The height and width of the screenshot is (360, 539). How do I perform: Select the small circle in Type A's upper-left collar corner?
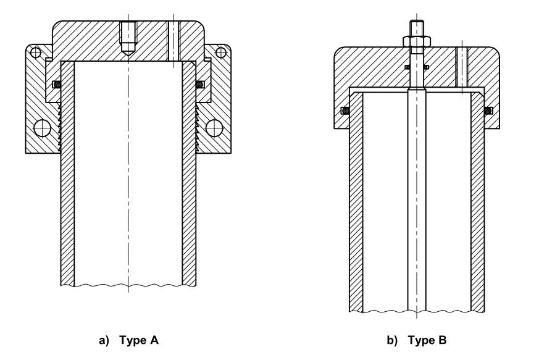(x=36, y=51)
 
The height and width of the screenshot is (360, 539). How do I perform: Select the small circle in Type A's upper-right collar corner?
(x=222, y=51)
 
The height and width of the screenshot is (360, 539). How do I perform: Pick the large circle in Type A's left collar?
(x=43, y=128)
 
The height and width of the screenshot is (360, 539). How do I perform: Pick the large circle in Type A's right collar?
(x=214, y=128)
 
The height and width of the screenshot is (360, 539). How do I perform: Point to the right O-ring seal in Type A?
(x=200, y=84)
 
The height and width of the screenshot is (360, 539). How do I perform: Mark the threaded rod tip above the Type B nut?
(x=416, y=28)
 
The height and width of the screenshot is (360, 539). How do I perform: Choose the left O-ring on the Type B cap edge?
(x=345, y=111)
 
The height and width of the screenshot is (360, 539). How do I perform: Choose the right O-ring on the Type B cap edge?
(x=487, y=111)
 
